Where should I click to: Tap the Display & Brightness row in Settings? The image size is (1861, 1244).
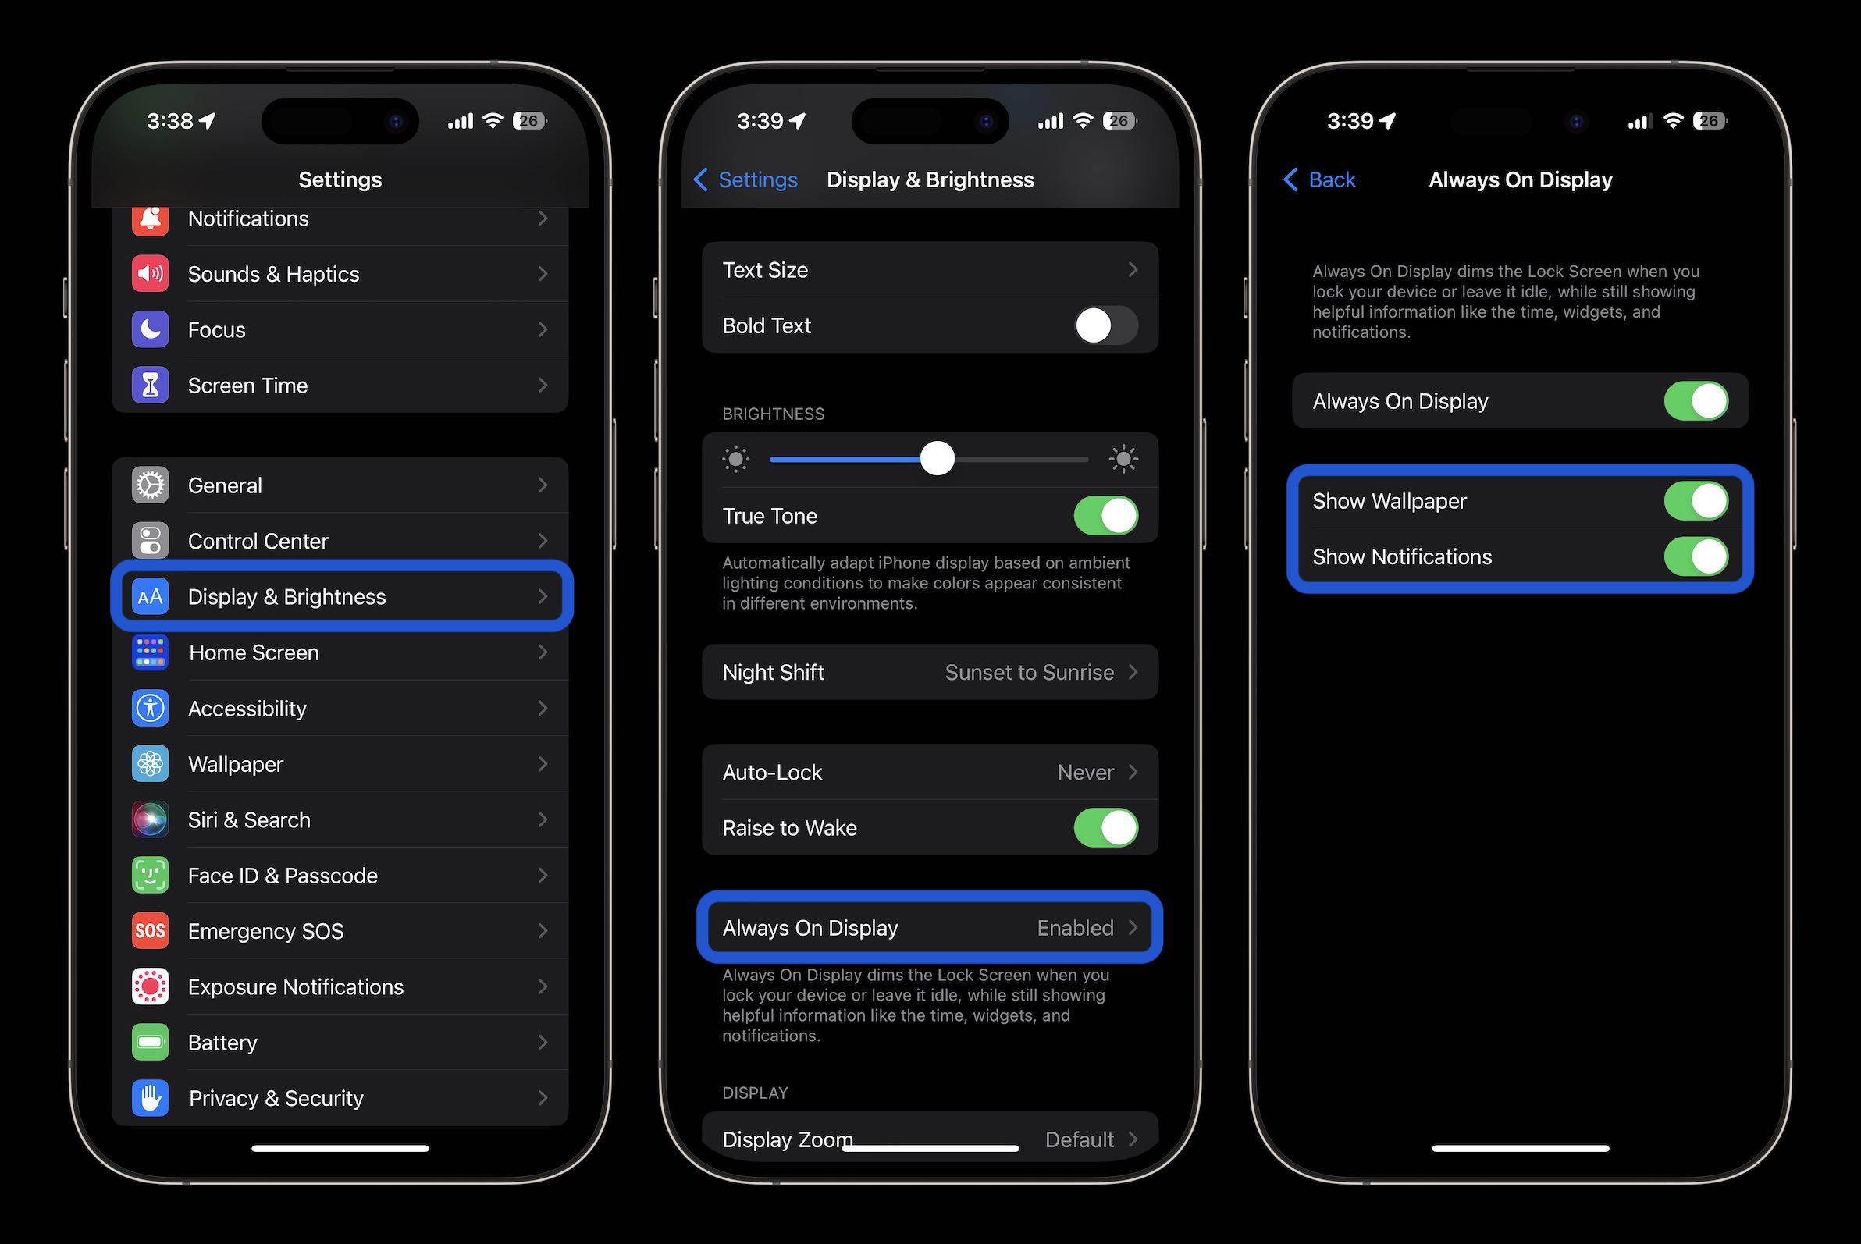tap(341, 596)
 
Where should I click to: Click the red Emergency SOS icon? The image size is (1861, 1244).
tap(150, 930)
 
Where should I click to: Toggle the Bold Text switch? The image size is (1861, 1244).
tap(1105, 325)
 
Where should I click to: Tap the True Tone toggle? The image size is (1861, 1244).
tap(1105, 516)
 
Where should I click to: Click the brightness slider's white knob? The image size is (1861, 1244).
tap(938, 459)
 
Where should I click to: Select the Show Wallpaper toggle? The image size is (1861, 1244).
tap(1696, 501)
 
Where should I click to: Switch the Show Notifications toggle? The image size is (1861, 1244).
tap(1696, 557)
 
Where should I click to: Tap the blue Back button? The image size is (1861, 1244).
tap(1320, 180)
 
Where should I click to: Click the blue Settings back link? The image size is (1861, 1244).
tap(746, 180)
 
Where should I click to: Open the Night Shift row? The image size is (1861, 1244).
tap(929, 672)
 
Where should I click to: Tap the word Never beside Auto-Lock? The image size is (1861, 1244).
tap(1085, 772)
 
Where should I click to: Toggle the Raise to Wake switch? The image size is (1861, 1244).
tap(1105, 827)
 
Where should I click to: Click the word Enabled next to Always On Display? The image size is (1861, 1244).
tap(1076, 927)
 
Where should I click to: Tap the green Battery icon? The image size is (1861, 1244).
tap(150, 1042)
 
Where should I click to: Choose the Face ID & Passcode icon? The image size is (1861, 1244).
tap(150, 875)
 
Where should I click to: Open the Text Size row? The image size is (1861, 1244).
tap(929, 270)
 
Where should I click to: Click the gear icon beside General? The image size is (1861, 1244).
tap(150, 485)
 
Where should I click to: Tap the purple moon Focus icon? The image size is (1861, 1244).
tap(150, 329)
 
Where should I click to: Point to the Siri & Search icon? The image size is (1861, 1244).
tap(150, 819)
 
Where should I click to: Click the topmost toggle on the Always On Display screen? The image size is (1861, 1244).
tap(1696, 401)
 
